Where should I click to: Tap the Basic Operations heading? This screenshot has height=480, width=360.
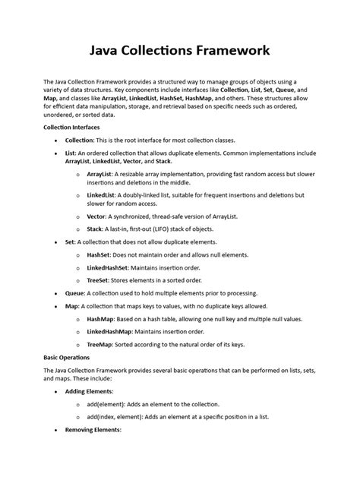68,356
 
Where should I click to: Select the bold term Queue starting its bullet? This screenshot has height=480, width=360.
75,292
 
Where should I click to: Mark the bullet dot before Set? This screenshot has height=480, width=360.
57,242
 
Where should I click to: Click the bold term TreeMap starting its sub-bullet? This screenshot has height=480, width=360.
100,345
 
